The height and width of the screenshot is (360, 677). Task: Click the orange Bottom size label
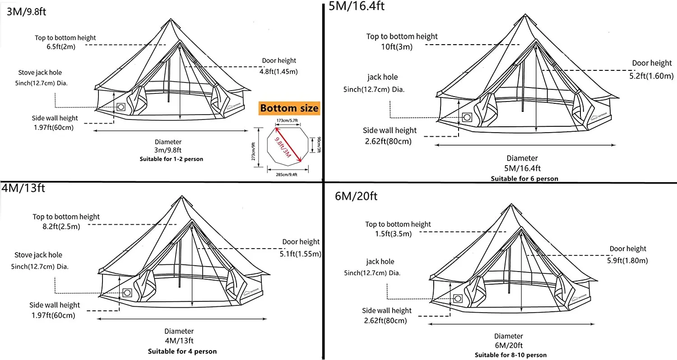(x=289, y=108)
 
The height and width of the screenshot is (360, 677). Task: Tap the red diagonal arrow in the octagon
(x=287, y=145)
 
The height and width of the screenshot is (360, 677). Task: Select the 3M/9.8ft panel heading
(x=27, y=11)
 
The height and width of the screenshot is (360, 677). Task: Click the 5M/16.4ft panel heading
(x=357, y=6)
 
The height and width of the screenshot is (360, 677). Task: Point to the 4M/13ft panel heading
(x=23, y=187)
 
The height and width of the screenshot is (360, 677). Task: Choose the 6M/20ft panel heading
(x=356, y=196)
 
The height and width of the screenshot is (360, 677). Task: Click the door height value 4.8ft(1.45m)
(x=278, y=71)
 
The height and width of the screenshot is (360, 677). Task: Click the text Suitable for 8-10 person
(x=510, y=355)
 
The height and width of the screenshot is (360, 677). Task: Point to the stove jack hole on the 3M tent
(x=121, y=107)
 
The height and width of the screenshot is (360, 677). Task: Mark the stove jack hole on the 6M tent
(x=458, y=298)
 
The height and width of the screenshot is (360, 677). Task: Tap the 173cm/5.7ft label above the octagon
(x=287, y=121)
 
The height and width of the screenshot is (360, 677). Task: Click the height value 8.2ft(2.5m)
(x=58, y=226)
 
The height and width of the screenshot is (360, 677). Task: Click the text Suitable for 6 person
(x=524, y=179)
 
